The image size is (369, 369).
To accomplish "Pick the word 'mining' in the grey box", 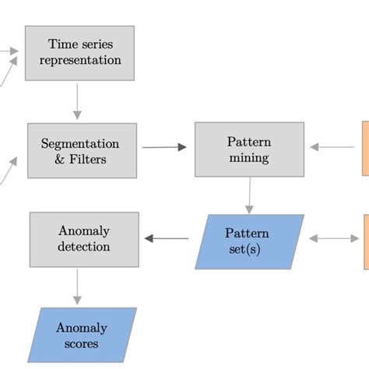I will point(249,158).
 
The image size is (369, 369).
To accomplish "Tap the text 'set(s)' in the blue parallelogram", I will point(247,249).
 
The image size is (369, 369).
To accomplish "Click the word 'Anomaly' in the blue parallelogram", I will point(81,328).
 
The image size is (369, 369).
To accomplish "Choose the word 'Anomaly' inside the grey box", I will point(83,231).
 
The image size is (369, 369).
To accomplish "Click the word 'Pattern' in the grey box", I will point(249,142).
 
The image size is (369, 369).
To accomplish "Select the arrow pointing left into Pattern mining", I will point(332,146).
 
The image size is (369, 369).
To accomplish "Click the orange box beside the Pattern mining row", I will point(364,148).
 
